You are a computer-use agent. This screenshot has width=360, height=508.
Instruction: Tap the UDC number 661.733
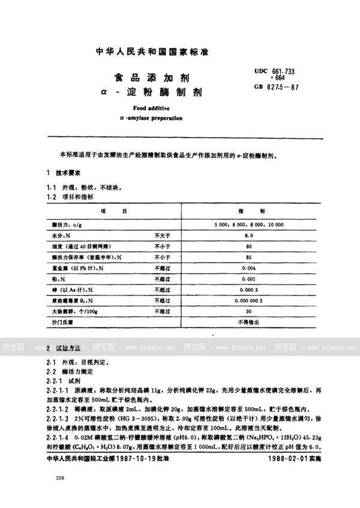pyautogui.click(x=283, y=71)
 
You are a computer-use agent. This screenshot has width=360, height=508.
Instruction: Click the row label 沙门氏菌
pyautogui.click(x=64, y=323)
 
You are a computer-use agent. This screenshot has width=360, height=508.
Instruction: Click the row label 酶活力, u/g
pyautogui.click(x=67, y=224)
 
